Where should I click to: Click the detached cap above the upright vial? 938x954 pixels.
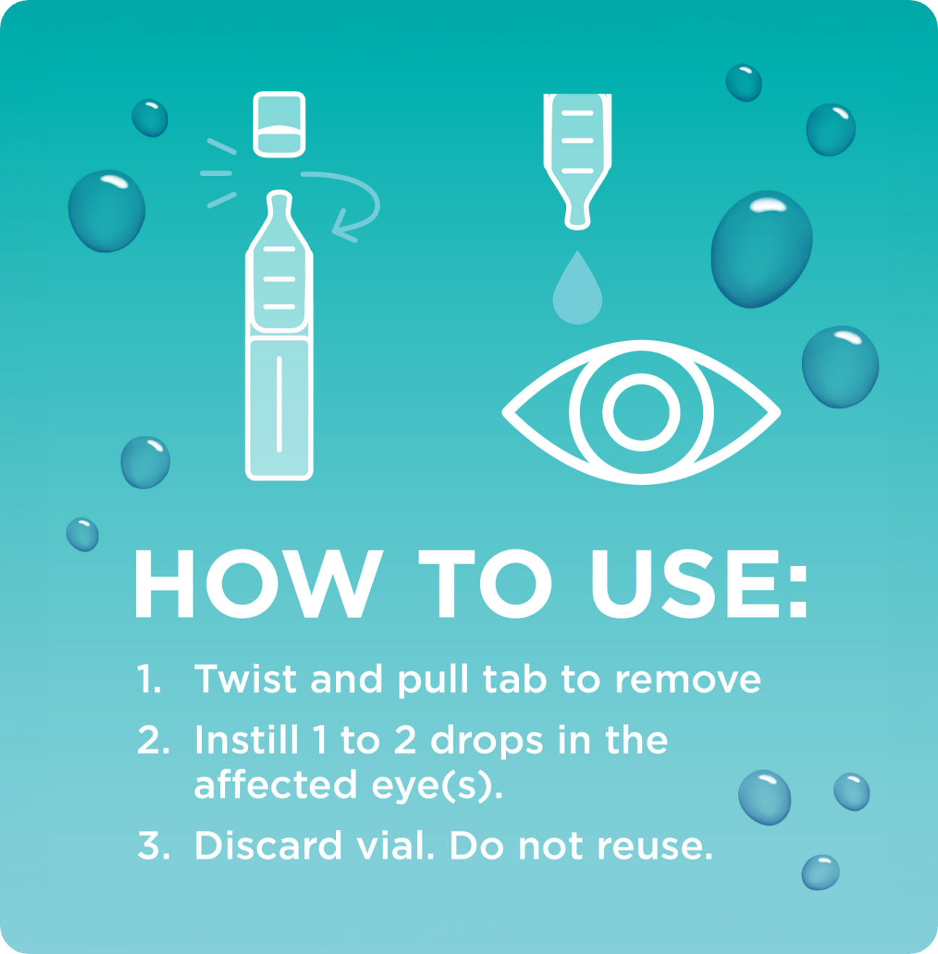279,124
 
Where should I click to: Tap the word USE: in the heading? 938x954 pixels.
698,584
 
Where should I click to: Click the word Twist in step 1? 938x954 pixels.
245,680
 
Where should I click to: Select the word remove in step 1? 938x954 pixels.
688,680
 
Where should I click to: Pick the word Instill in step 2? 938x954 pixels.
246,740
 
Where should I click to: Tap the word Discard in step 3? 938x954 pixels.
268,845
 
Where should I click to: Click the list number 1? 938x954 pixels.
148,680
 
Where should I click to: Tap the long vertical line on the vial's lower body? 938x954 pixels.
279,404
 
